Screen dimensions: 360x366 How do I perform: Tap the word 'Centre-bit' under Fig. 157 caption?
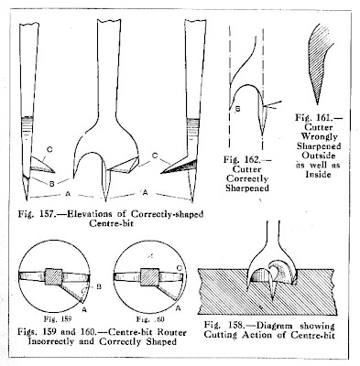pyautogui.click(x=111, y=223)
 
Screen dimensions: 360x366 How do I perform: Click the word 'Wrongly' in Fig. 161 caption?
pyautogui.click(x=320, y=136)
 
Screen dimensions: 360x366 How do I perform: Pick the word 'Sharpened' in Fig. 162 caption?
pyautogui.click(x=247, y=188)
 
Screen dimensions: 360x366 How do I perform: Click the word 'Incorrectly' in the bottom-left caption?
pyautogui.click(x=51, y=341)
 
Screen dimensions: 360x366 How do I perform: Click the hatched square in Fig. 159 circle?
pyautogui.click(x=53, y=276)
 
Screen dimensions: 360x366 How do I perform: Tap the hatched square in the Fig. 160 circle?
pyautogui.click(x=149, y=277)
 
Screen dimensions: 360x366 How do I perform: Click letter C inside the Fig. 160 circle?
pyautogui.click(x=180, y=268)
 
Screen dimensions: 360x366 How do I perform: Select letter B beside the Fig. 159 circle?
pyautogui.click(x=99, y=286)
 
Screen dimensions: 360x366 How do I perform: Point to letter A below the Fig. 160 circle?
pyautogui.click(x=179, y=308)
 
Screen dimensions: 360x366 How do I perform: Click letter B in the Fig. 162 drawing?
pyautogui.click(x=238, y=109)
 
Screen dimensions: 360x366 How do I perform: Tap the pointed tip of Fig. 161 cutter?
pyautogui.click(x=317, y=104)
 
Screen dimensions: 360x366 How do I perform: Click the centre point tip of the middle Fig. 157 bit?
pyautogui.click(x=105, y=201)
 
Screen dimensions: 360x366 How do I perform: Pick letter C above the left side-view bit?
pyautogui.click(x=49, y=149)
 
